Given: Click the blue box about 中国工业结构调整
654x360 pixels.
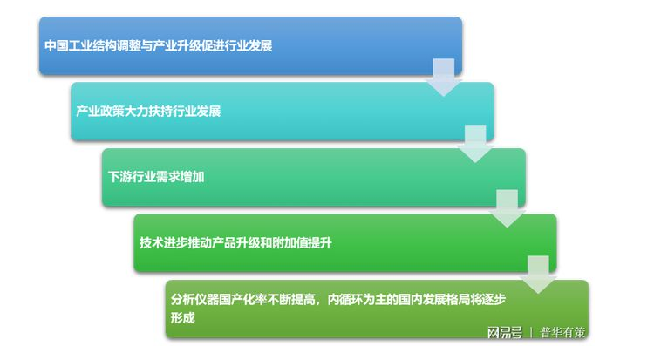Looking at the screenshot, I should (x=250, y=45).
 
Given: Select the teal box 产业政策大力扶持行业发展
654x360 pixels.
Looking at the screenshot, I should (x=282, y=112).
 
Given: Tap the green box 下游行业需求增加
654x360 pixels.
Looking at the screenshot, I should (x=313, y=177).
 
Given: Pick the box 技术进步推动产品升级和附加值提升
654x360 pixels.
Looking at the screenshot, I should (x=345, y=242).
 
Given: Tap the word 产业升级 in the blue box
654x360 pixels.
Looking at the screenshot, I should (x=174, y=45).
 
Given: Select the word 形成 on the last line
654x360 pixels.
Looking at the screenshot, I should (x=182, y=319).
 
